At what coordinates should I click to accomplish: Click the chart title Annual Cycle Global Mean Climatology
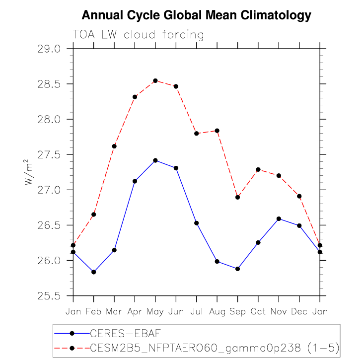(196, 15)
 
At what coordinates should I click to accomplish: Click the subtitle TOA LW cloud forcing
(138, 35)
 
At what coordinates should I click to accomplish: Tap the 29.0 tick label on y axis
(48, 49)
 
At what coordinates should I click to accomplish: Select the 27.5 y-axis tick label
(48, 155)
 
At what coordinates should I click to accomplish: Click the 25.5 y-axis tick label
(48, 296)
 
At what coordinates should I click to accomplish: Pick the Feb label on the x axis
(93, 311)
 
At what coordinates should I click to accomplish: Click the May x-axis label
(155, 311)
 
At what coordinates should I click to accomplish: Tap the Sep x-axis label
(237, 311)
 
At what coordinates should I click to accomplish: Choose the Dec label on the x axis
(299, 311)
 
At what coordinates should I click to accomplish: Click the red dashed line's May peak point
(155, 80)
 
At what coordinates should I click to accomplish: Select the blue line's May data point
(155, 160)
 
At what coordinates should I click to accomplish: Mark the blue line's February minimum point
(93, 272)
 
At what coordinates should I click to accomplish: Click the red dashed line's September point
(237, 197)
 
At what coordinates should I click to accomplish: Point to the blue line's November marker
(279, 218)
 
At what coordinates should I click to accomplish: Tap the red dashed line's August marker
(217, 131)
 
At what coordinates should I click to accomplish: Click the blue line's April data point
(135, 181)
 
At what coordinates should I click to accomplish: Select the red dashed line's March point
(114, 146)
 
